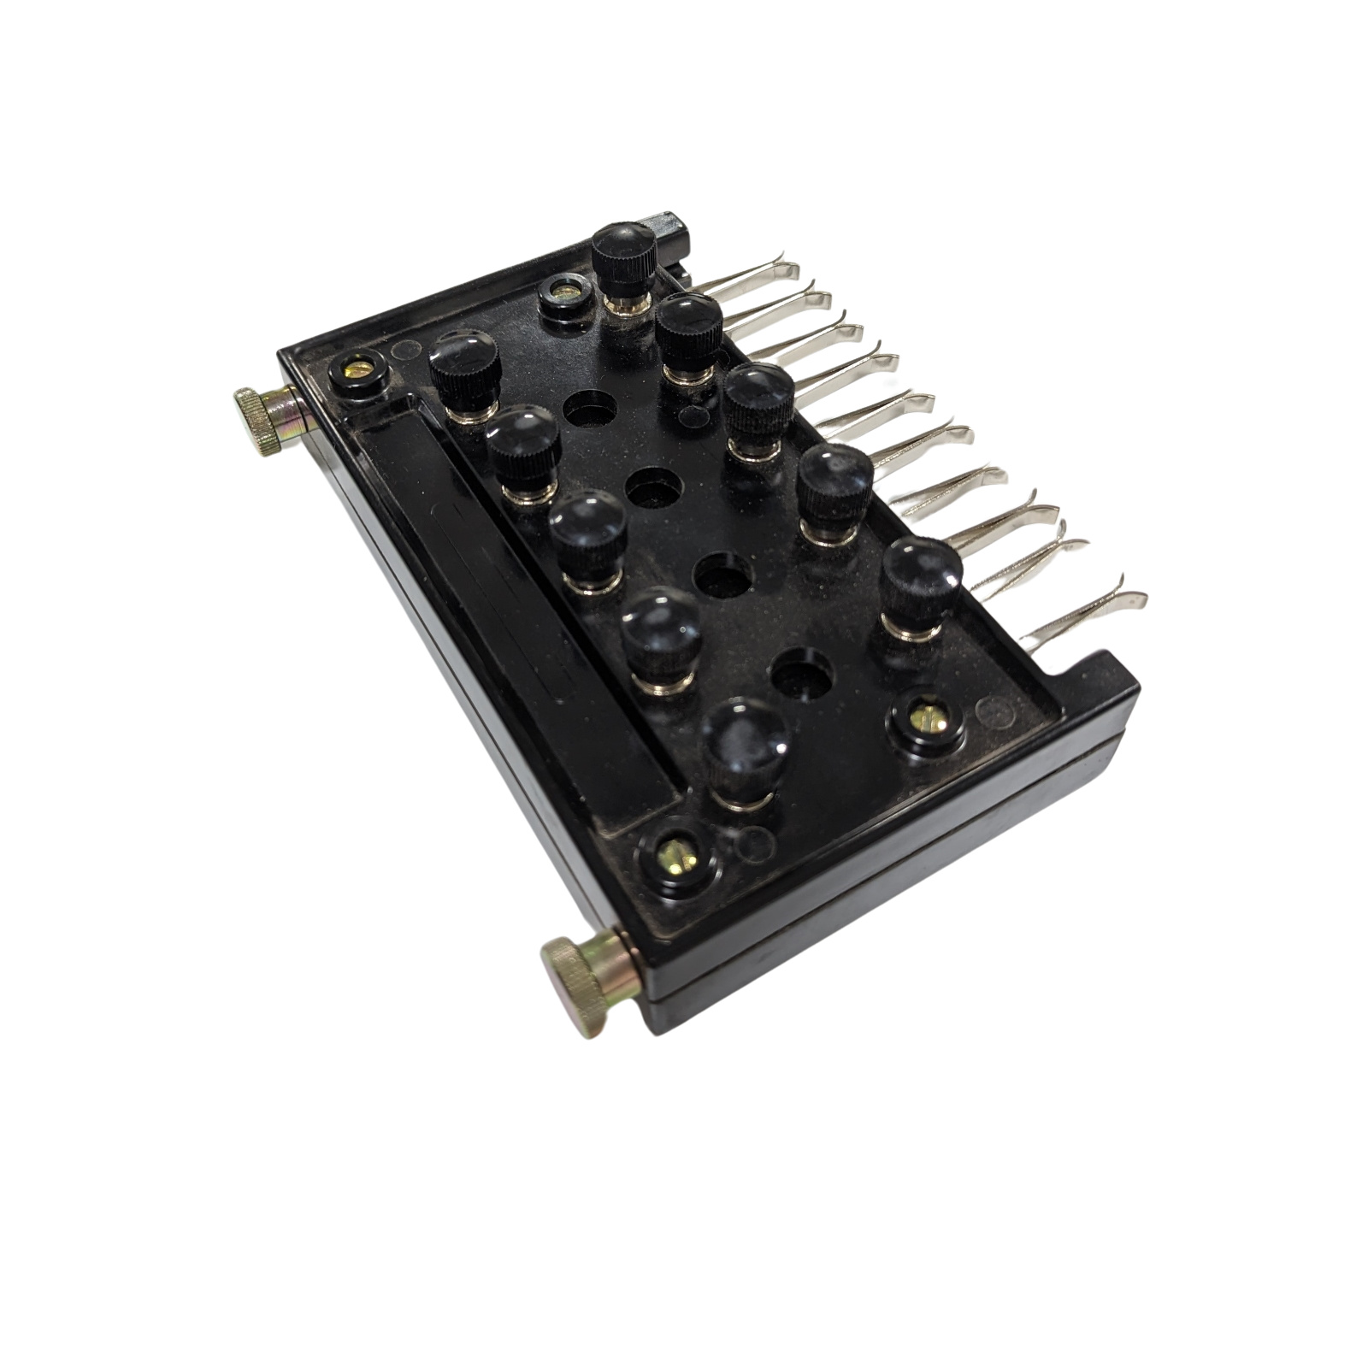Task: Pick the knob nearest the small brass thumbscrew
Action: (464, 368)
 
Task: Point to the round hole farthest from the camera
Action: (590, 409)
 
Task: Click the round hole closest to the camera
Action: (801, 671)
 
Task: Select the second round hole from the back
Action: (654, 488)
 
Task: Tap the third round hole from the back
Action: (723, 575)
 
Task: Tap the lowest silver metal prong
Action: (1086, 611)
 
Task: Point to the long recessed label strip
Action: (513, 616)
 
